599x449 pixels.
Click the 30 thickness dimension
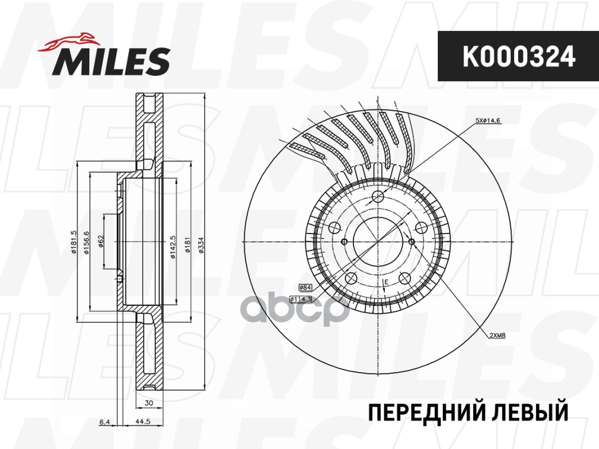pyautogui.click(x=148, y=403)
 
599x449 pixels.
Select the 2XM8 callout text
pyautogui.click(x=498, y=336)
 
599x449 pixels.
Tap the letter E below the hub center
pyautogui.click(x=386, y=281)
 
